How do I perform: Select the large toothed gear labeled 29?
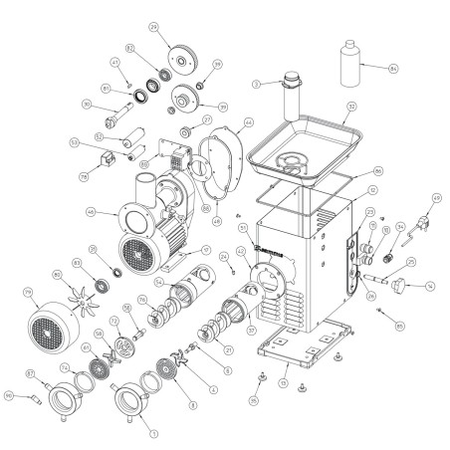tap(182, 59)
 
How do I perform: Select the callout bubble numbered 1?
tap(152, 433)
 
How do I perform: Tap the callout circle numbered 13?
tap(283, 382)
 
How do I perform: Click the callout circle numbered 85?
tap(399, 325)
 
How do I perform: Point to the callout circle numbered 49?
tap(435, 197)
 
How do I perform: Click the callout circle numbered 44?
tap(248, 123)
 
